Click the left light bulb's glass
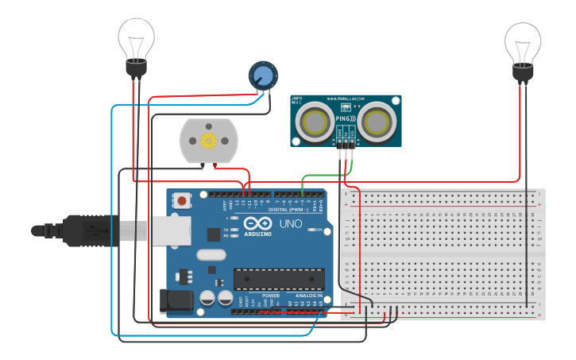[137, 37]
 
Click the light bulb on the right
[523, 43]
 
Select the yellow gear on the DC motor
[208, 141]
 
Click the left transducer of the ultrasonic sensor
[315, 122]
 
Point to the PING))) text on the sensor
[346, 118]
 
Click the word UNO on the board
[290, 224]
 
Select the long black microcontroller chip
[278, 279]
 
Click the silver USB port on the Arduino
[169, 230]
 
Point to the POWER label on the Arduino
[270, 296]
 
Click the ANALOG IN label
[308, 296]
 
